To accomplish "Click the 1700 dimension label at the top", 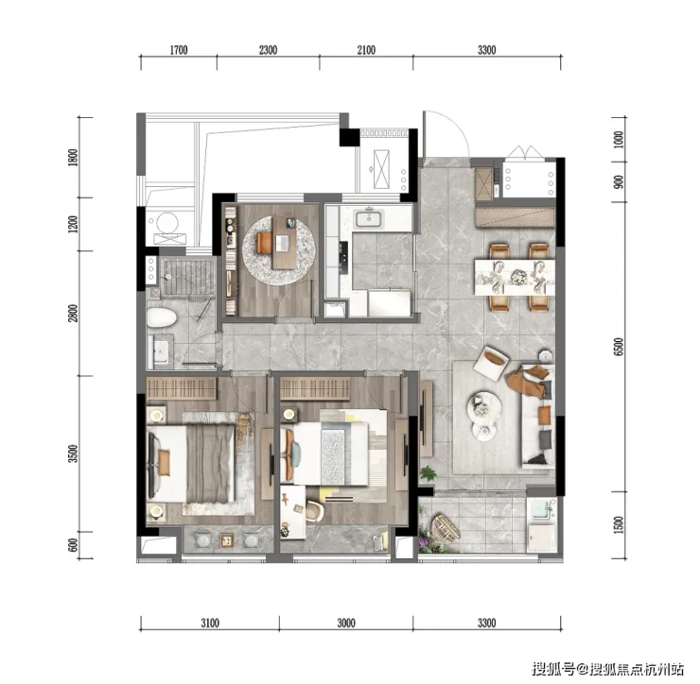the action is [x=179, y=50].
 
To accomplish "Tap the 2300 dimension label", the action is [x=268, y=50].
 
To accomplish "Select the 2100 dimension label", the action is [x=366, y=50].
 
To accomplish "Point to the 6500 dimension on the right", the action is [x=619, y=347].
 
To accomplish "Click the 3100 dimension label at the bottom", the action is [x=210, y=623].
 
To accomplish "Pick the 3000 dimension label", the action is [x=346, y=623].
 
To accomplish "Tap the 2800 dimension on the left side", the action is [x=73, y=313].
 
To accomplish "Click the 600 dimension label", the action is [x=73, y=545].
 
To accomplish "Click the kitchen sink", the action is [x=369, y=219].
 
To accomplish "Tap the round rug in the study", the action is [x=279, y=250].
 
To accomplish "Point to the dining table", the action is [x=515, y=277].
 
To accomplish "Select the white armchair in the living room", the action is [x=492, y=363].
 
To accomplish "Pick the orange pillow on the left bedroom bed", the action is [x=164, y=463].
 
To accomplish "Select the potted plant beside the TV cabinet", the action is [x=428, y=473].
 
